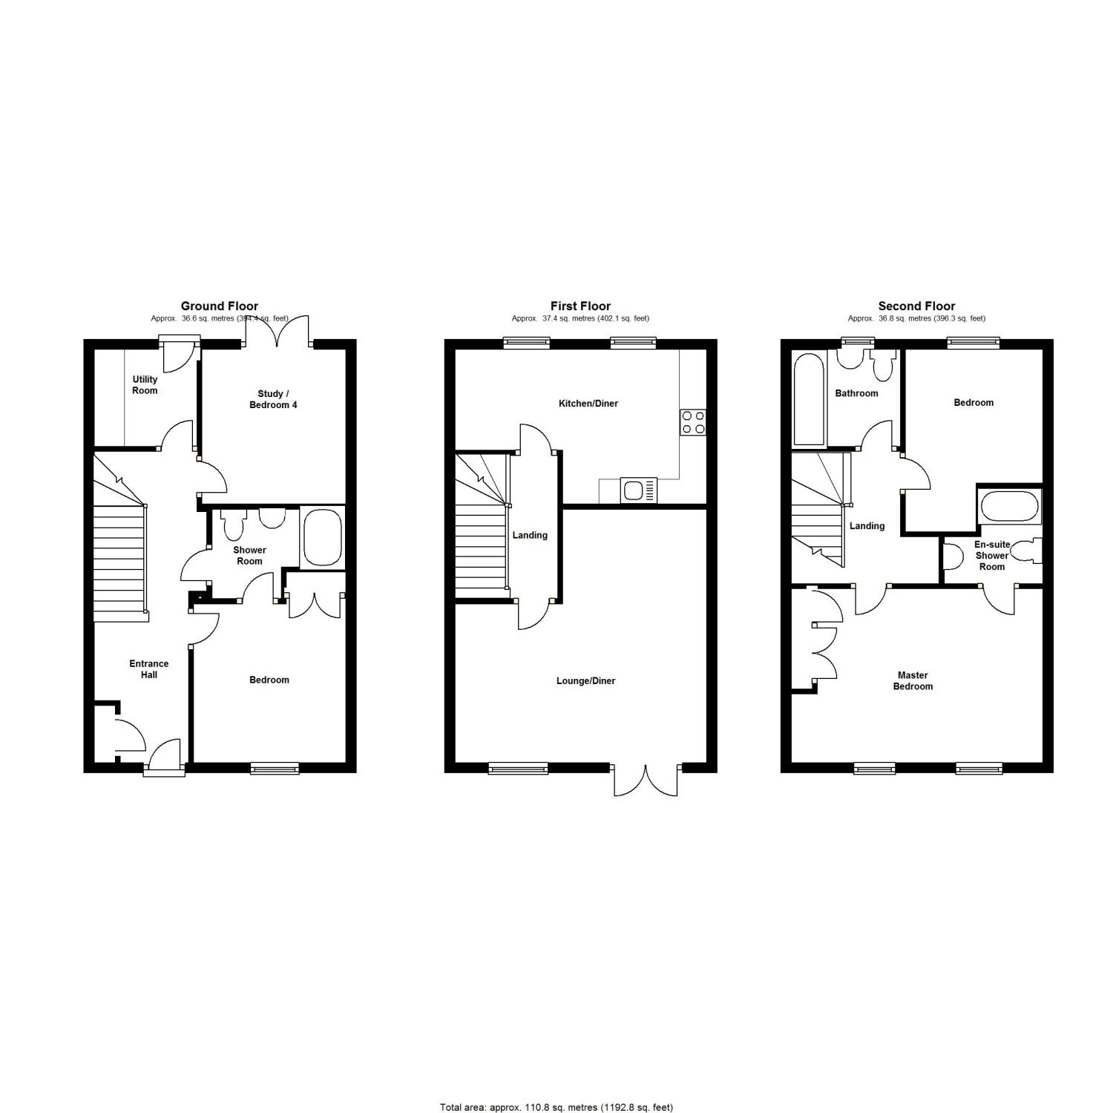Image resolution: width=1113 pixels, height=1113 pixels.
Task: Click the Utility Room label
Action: [145, 384]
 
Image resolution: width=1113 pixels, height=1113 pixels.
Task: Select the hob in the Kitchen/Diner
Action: [693, 422]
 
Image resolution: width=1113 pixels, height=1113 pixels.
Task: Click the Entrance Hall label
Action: [148, 669]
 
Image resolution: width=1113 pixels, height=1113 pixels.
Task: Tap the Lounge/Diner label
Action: [586, 680]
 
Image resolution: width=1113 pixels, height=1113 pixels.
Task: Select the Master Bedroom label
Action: [913, 680]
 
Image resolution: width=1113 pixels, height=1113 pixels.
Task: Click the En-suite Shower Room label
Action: [992, 555]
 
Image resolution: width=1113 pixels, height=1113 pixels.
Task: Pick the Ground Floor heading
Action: [220, 306]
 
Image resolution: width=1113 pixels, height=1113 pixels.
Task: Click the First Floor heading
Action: [580, 306]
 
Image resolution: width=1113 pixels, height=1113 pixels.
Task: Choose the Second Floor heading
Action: [916, 306]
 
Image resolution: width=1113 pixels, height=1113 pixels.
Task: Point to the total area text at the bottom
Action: [556, 1107]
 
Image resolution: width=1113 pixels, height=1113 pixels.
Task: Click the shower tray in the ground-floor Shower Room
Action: [321, 538]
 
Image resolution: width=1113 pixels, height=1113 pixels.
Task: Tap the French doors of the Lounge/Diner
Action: [646, 780]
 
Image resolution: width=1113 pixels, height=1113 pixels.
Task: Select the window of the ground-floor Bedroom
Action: [275, 768]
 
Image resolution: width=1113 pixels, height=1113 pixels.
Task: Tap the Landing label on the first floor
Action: [530, 535]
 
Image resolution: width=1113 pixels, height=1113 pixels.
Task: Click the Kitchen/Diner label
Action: [588, 404]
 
